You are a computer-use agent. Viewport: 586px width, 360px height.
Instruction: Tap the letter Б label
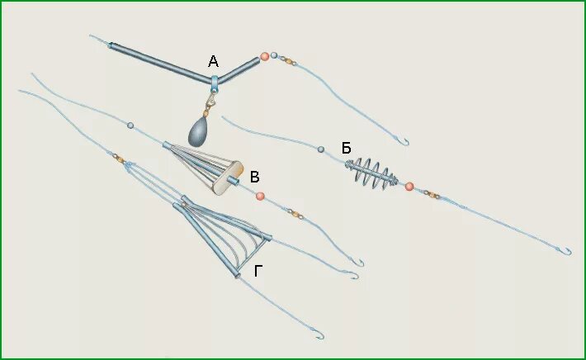347,148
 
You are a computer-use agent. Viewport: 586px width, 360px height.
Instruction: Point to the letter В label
255,176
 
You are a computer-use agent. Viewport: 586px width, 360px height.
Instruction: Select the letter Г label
258,269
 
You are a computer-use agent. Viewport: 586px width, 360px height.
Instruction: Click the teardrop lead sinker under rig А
198,133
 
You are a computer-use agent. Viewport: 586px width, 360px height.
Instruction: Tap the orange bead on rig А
265,56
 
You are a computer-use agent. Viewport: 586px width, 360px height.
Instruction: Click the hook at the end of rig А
404,141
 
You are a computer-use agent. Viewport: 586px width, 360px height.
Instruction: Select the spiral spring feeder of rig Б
371,174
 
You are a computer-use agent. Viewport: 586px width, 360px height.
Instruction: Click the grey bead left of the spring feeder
320,149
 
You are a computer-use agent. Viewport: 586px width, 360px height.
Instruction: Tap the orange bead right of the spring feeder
409,187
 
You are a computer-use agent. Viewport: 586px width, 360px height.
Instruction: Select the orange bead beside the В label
260,196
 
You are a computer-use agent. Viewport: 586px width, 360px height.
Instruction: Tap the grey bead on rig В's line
130,126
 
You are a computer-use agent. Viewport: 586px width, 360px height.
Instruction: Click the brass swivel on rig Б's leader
432,195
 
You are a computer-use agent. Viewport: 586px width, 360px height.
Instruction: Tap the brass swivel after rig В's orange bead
295,214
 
